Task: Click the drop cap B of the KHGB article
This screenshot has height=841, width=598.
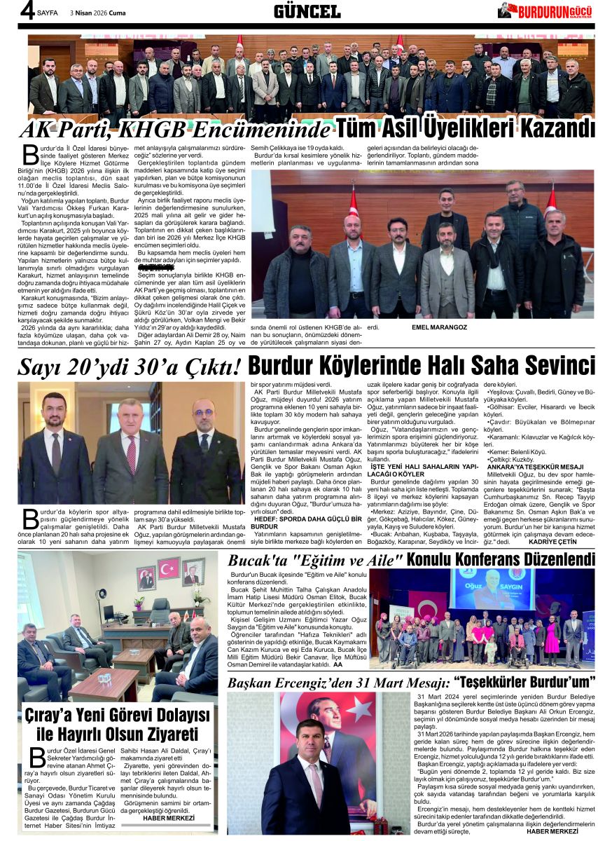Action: pos(29,155)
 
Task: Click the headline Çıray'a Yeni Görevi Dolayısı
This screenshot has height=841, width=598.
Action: pos(118,716)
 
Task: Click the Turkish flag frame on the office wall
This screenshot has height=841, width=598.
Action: pos(168,568)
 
